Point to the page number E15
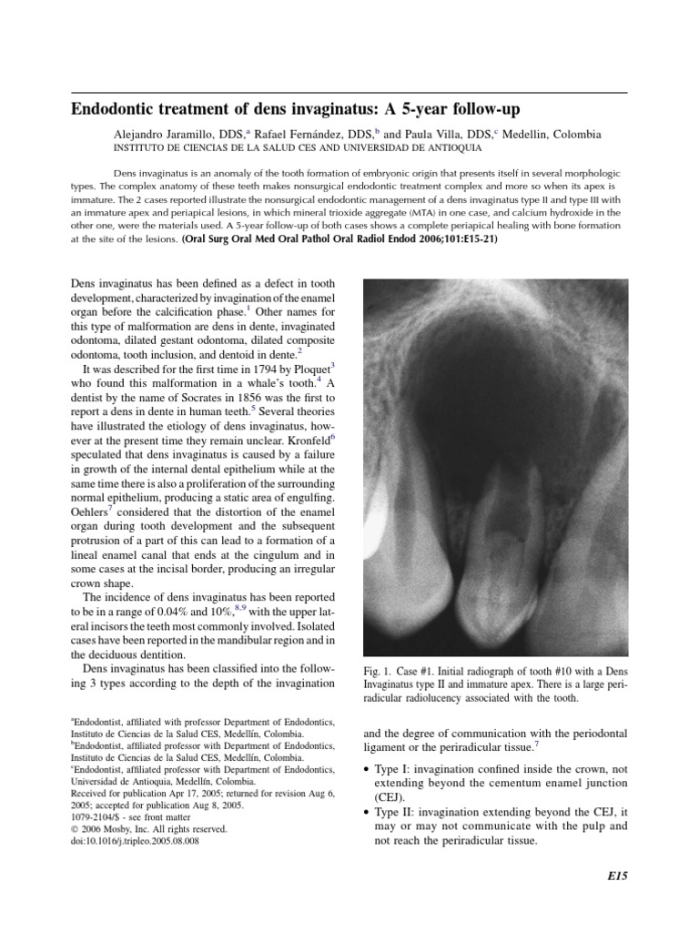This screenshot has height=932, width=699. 617,876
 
